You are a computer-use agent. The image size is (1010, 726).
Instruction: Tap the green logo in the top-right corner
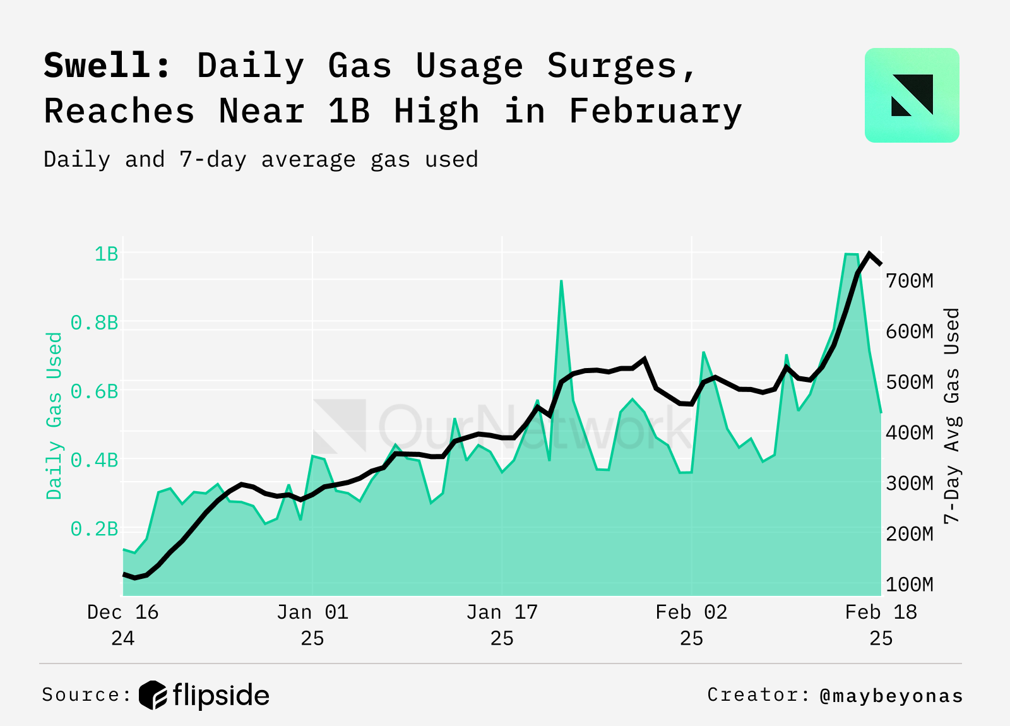(912, 95)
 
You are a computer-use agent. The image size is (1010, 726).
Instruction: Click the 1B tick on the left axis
(106, 254)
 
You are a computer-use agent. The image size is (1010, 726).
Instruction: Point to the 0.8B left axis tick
(94, 323)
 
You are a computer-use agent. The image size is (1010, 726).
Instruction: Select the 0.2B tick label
(94, 528)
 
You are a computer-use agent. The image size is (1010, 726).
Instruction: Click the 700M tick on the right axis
(909, 281)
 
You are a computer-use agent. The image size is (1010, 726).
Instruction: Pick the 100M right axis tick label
(909, 584)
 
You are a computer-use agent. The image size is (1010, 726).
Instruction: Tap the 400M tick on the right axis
(909, 432)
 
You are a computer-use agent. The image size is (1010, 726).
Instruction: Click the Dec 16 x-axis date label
(123, 624)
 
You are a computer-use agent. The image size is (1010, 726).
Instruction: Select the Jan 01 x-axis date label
(312, 624)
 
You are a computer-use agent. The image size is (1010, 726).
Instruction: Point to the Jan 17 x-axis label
(502, 624)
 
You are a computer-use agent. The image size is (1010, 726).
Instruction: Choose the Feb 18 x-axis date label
(881, 624)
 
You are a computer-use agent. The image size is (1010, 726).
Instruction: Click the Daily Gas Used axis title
(54, 416)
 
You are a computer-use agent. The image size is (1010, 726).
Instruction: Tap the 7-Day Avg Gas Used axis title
(951, 416)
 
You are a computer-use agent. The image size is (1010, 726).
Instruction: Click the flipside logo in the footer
(204, 695)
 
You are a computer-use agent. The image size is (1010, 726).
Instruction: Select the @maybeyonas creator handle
(891, 695)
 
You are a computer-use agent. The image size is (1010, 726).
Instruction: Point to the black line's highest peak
(869, 254)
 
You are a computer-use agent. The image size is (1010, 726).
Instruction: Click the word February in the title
(655, 111)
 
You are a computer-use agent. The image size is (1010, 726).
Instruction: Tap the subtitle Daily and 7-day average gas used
(261, 159)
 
